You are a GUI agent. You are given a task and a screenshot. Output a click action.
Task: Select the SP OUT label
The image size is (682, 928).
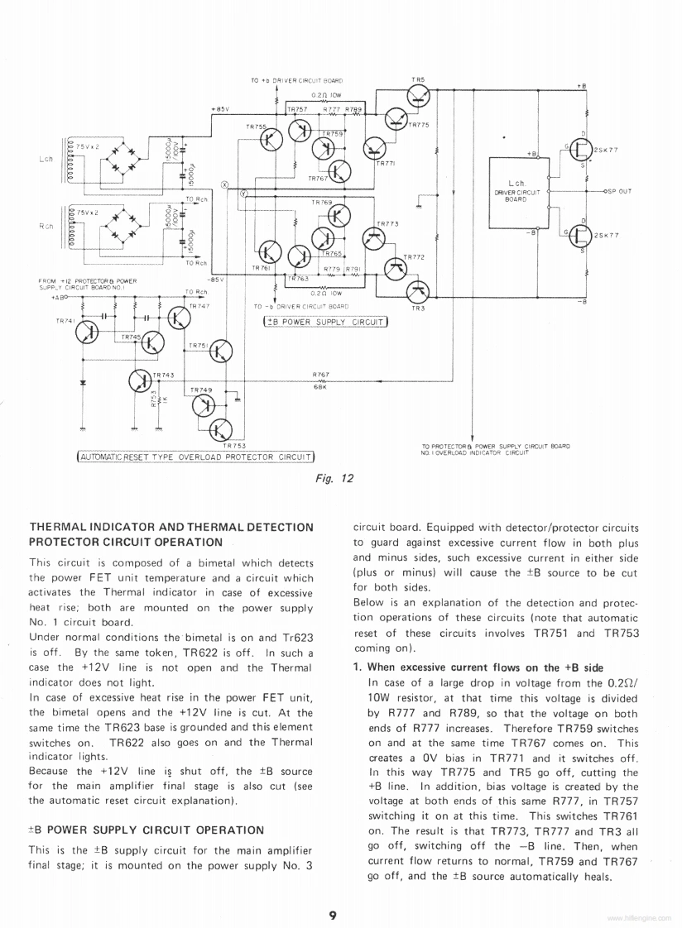click(x=617, y=191)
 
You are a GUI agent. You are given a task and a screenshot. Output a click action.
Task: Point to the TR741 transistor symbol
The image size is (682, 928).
click(x=88, y=332)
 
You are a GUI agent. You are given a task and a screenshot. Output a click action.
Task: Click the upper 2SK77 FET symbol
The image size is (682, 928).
click(x=580, y=151)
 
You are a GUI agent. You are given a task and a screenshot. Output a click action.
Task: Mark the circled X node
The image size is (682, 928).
click(x=223, y=184)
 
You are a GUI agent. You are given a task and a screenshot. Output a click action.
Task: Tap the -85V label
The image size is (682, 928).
click(x=216, y=280)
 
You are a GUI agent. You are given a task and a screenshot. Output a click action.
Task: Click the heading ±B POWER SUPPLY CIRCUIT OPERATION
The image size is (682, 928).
click(x=146, y=829)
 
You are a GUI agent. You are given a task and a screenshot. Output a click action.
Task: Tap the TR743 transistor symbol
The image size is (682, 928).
click(x=142, y=380)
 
